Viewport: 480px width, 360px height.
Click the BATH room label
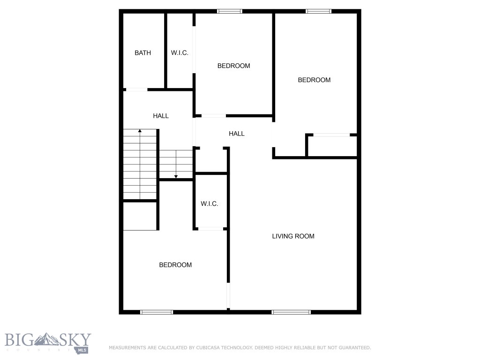[143, 53]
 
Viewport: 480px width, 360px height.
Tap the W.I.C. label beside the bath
[180, 53]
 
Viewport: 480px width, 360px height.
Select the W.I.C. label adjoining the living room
[210, 204]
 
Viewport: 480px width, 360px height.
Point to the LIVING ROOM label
[293, 236]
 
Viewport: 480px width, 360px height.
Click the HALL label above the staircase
[161, 116]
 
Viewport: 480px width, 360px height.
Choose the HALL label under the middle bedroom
[237, 134]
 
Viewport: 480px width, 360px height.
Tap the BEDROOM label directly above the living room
[314, 80]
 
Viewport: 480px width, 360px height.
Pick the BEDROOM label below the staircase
[175, 265]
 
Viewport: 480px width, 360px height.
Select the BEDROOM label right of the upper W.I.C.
[233, 66]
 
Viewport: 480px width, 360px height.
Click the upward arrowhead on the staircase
[140, 131]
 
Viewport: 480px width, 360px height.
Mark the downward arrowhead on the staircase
[176, 176]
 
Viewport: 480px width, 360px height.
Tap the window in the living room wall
[291, 312]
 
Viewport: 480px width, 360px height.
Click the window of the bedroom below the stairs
[157, 312]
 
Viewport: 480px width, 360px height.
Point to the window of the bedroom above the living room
[319, 11]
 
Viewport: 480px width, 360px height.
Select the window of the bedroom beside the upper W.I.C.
[230, 11]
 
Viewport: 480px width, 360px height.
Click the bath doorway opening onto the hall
[136, 90]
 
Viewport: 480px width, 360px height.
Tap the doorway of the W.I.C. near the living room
[210, 229]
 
